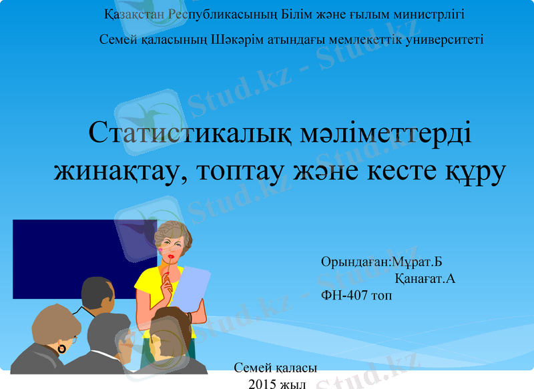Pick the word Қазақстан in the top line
pyautogui.click(x=136, y=14)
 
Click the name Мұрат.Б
pyautogui.click(x=418, y=262)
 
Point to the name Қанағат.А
pyautogui.click(x=425, y=278)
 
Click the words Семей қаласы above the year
pyautogui.click(x=276, y=368)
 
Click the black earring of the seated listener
pyautogui.click(x=61, y=349)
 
